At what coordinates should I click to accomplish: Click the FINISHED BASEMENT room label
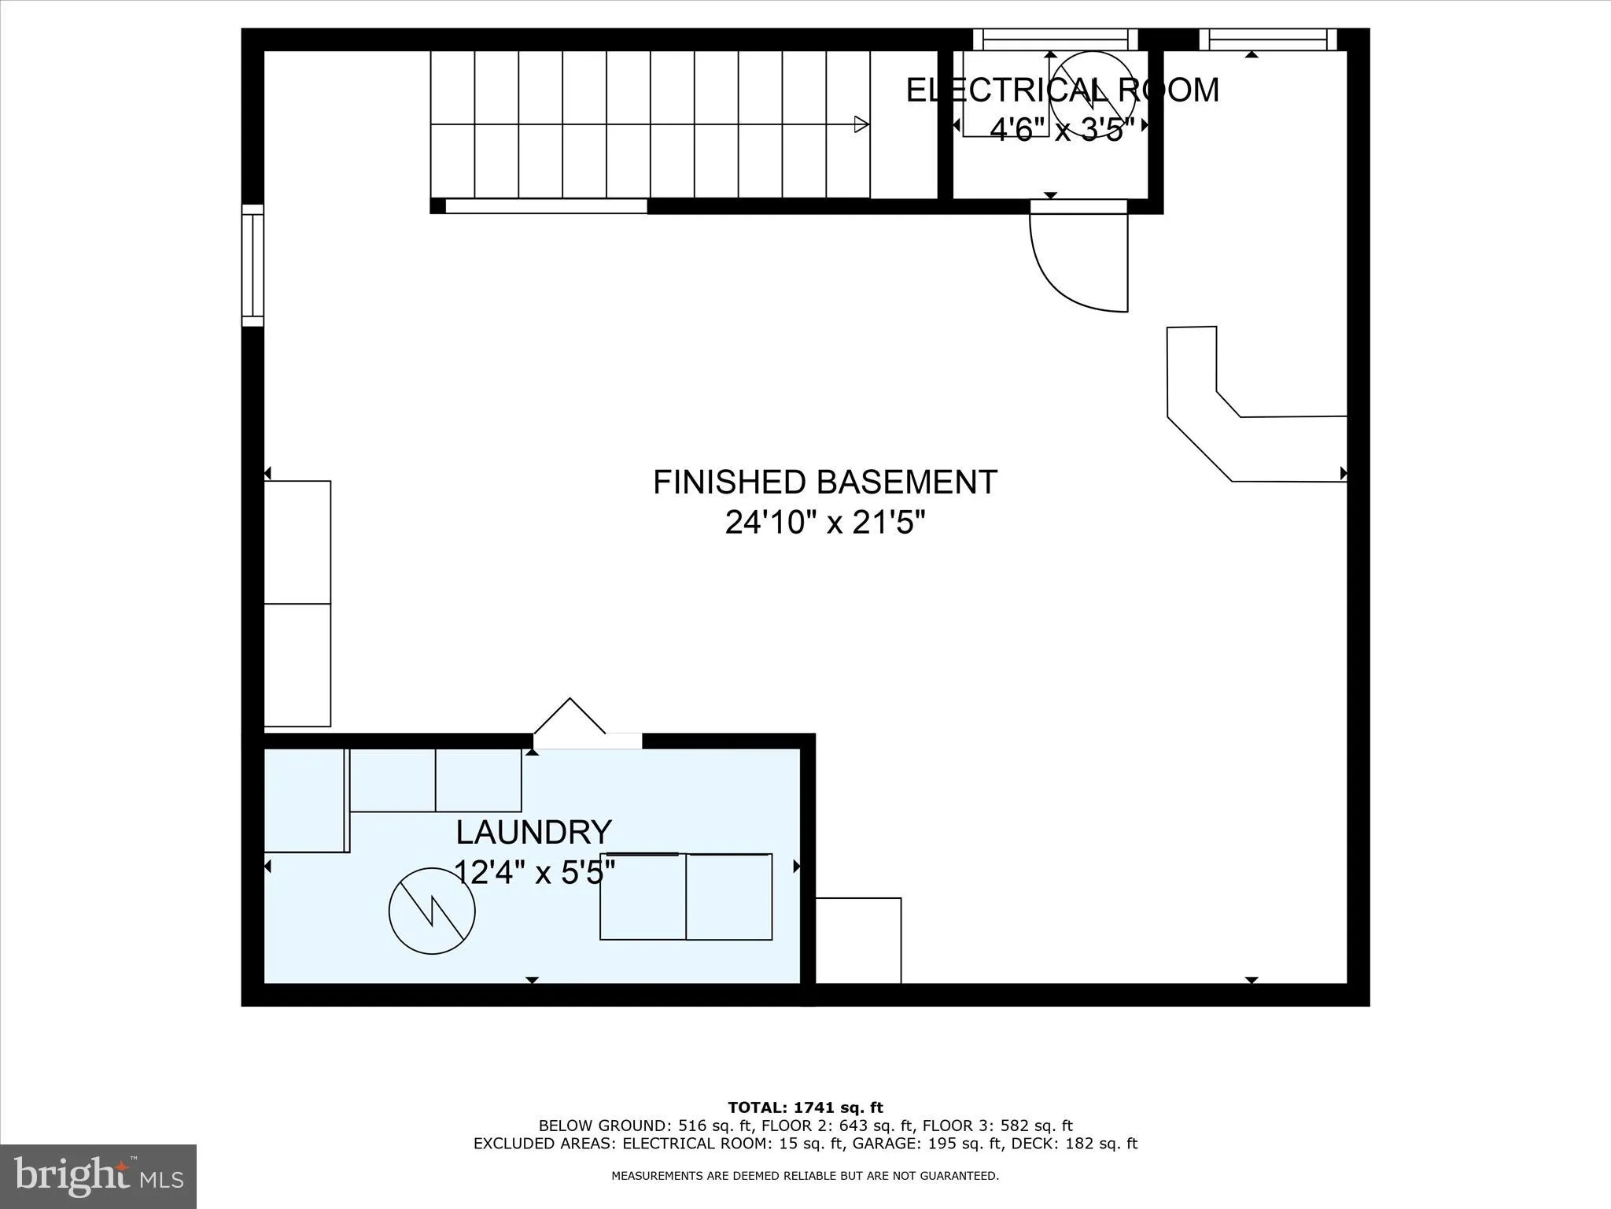click(x=825, y=482)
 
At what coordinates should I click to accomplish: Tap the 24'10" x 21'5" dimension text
click(x=825, y=523)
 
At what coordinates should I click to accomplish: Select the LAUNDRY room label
click(x=533, y=832)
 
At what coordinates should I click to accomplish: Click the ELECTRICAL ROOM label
click(x=1062, y=90)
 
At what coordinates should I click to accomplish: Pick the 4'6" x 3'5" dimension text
click(x=1062, y=129)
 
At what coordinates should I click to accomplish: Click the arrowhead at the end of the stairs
click(x=861, y=124)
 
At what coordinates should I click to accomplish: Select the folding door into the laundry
click(x=570, y=718)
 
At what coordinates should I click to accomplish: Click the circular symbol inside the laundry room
click(x=432, y=911)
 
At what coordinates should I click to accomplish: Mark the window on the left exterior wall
click(x=253, y=265)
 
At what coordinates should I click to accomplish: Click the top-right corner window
click(x=1267, y=39)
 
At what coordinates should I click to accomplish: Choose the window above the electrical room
click(x=1055, y=39)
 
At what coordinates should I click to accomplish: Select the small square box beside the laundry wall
click(x=858, y=940)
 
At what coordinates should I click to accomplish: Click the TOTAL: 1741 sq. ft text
click(x=805, y=1107)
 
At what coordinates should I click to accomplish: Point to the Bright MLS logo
click(x=98, y=1176)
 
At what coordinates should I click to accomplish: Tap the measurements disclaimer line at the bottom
click(x=805, y=1176)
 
